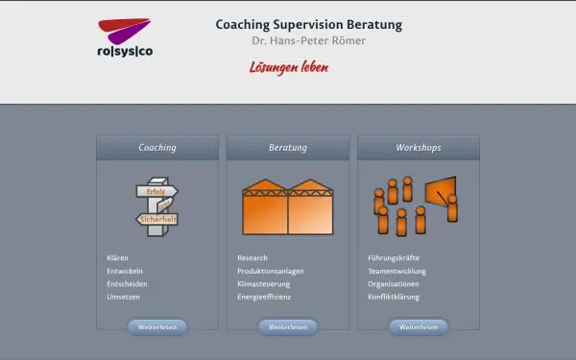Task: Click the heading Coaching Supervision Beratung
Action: pos(308,25)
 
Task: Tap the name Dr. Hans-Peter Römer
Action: pos(308,41)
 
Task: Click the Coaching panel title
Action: pos(157,148)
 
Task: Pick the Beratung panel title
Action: pos(288,148)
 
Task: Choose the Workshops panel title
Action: pos(419,148)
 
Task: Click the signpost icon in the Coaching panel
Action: pos(156,206)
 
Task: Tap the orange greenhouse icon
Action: pos(288,206)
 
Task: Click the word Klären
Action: pos(118,258)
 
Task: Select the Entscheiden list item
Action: pos(128,284)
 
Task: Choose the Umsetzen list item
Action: pos(124,298)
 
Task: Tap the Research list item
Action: pos(252,258)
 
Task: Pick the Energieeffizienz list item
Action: pos(264,298)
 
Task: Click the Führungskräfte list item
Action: pos(394,258)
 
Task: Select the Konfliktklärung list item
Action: pos(394,298)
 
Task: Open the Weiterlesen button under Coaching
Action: pos(157,327)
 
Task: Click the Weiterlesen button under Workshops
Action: pos(419,327)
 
